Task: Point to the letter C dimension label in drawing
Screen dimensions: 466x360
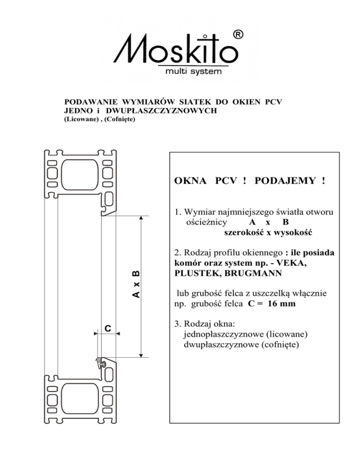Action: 107,328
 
